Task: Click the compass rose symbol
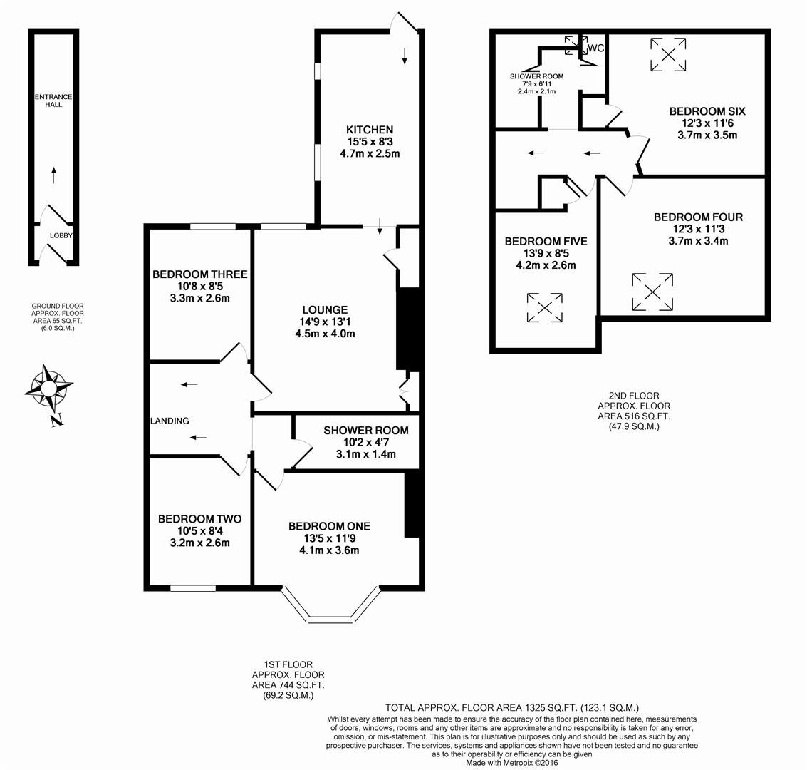pos(48,389)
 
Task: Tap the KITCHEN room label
pos(369,130)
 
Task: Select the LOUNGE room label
pos(325,310)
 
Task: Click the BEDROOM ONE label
pos(329,526)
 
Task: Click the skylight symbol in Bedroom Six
pos(669,55)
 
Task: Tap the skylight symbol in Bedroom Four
pos(652,292)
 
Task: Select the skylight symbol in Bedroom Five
pos(545,307)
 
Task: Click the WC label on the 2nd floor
pos(596,48)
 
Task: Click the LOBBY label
pos(61,235)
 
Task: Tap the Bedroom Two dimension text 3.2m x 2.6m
pos(194,543)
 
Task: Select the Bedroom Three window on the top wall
pos(213,227)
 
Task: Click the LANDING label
pos(170,421)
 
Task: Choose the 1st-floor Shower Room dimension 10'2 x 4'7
pos(365,443)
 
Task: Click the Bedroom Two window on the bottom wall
pos(193,588)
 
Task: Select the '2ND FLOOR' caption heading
pos(633,396)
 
